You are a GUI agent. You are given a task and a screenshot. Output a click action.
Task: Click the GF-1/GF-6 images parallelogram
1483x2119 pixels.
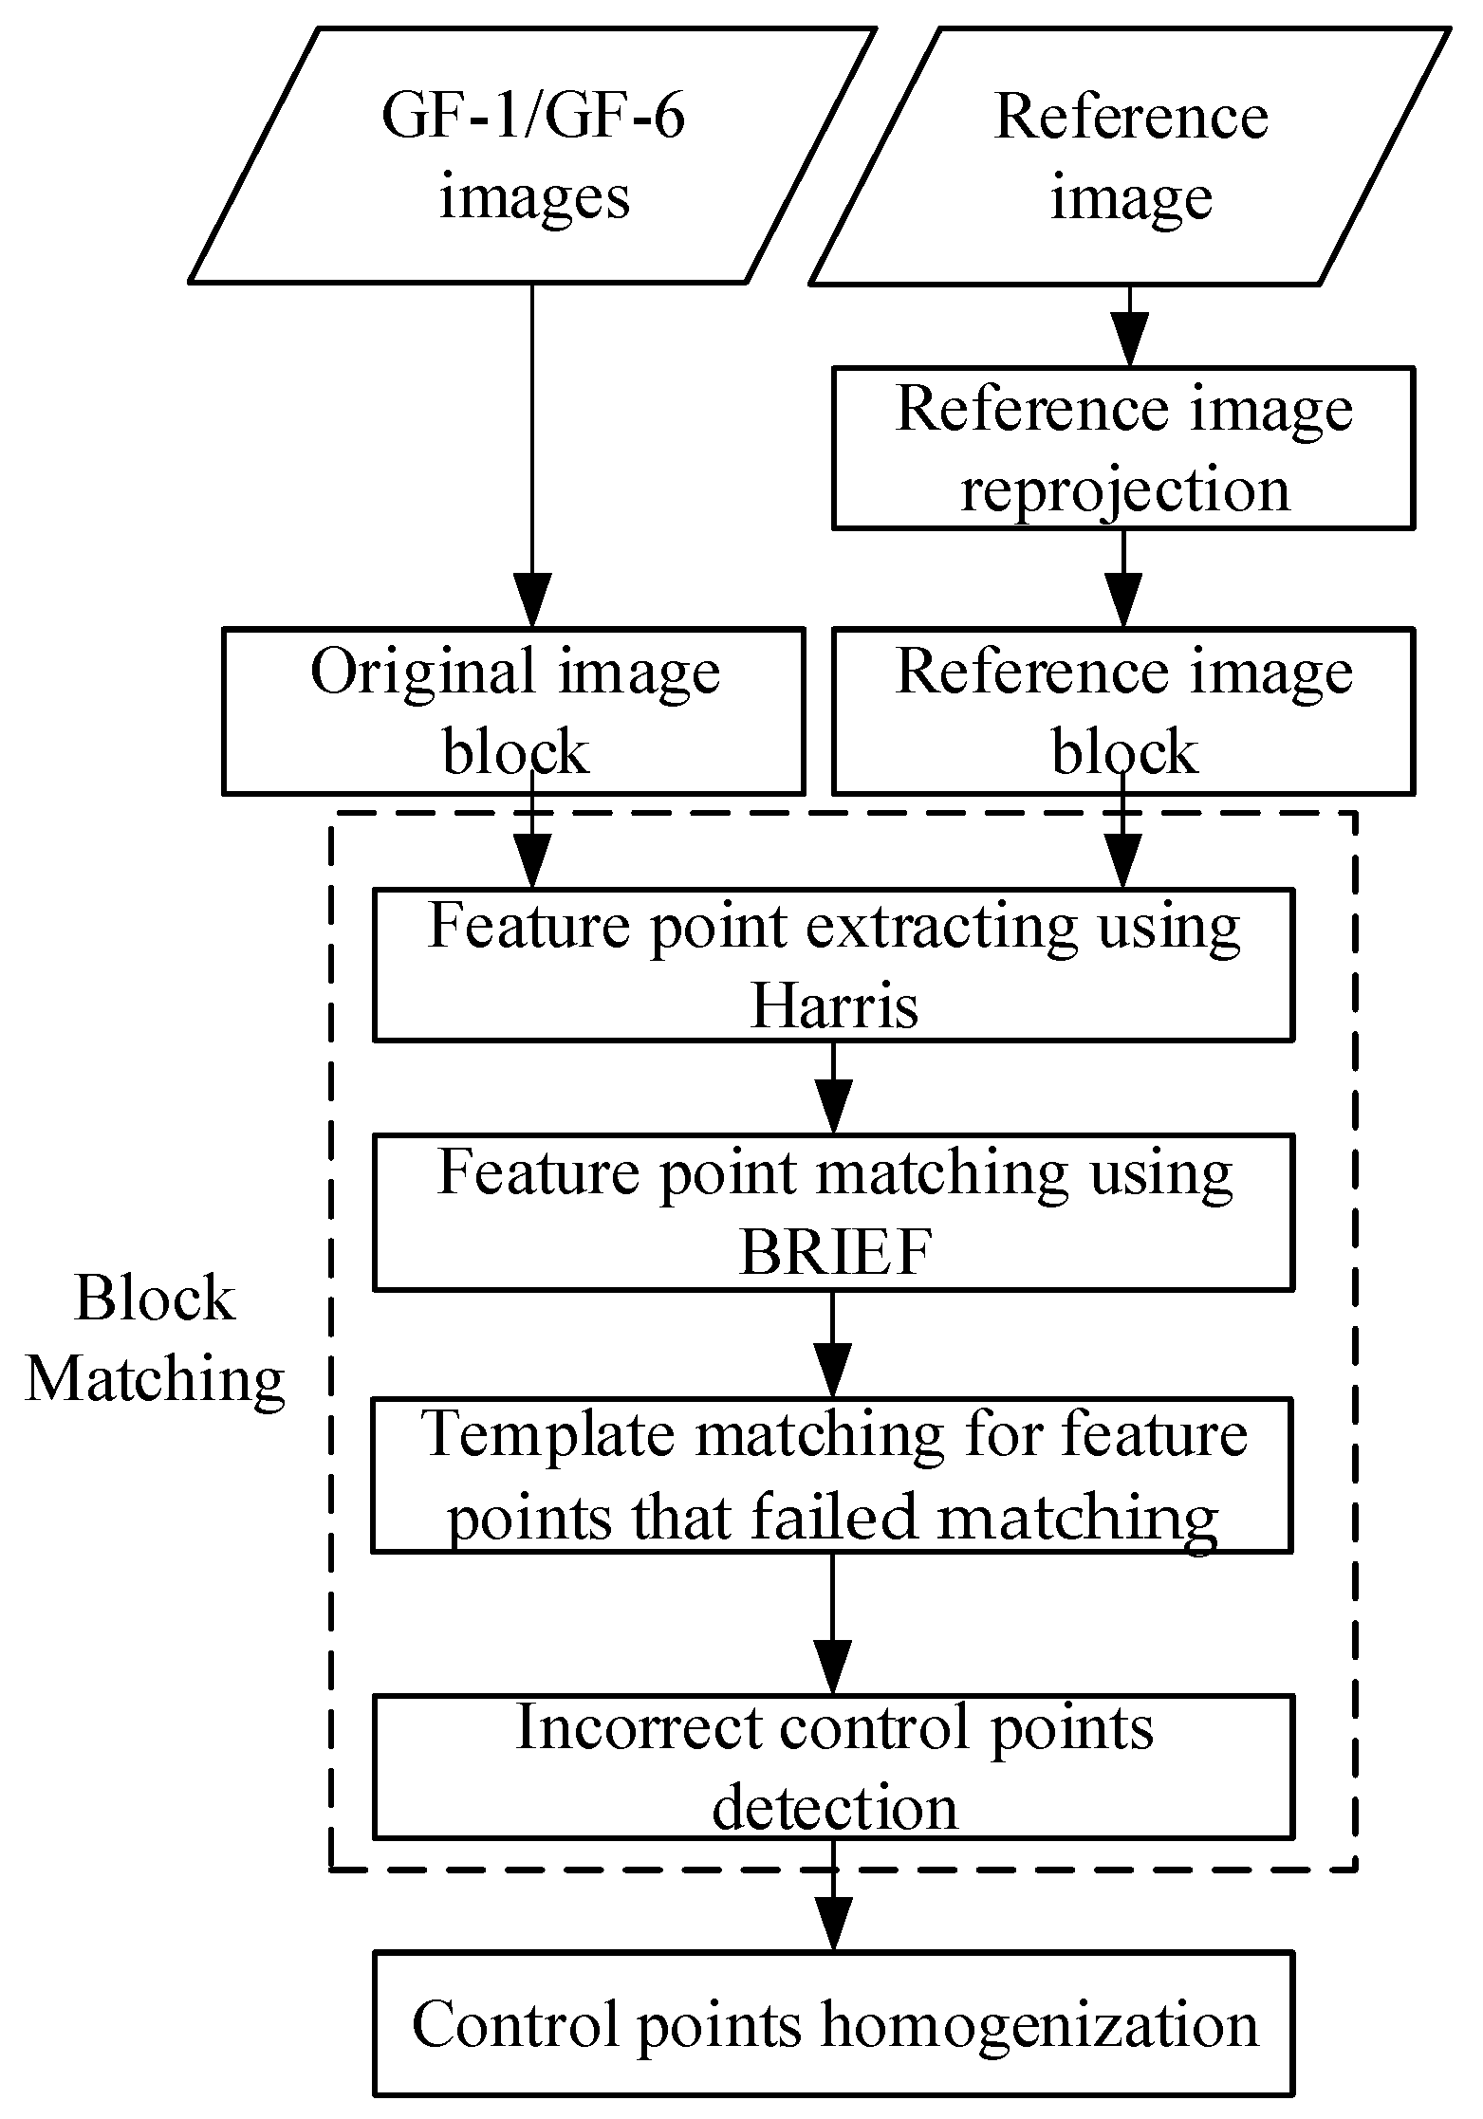point(533,157)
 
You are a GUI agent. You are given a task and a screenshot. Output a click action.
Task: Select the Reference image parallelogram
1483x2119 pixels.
point(1129,157)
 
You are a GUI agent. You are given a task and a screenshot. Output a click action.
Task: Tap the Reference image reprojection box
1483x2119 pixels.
point(1123,448)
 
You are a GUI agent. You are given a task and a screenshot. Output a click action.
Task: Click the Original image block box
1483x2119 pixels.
point(513,710)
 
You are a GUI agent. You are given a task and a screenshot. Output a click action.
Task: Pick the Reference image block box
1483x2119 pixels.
point(1123,710)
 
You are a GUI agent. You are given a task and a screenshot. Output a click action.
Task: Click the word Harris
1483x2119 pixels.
point(834,1006)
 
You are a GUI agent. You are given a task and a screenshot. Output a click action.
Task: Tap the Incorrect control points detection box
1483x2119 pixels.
point(834,1767)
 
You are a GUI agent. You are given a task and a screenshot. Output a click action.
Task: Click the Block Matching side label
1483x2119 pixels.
point(155,1338)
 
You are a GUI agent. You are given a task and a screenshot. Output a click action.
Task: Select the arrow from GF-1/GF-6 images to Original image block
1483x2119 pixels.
point(531,455)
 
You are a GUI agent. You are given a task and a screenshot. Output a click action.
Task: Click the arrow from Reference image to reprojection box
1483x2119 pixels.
point(1129,327)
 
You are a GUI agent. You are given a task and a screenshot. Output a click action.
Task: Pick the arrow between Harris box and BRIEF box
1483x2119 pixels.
point(833,1089)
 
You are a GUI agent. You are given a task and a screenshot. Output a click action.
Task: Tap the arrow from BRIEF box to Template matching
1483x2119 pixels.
point(832,1344)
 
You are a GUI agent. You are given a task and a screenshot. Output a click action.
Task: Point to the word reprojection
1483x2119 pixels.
point(1125,490)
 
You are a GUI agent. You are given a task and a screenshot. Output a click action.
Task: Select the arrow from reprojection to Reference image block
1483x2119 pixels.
point(1123,579)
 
